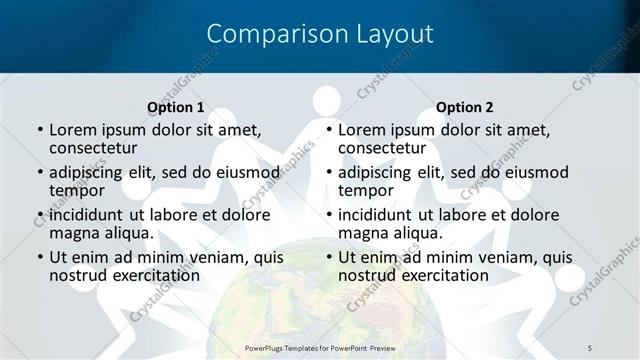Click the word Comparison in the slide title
tap(268, 34)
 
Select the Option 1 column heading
tap(176, 107)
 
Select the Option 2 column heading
tap(465, 107)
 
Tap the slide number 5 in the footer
tap(591, 346)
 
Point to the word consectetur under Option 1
tap(96, 148)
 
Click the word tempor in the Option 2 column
tap(366, 190)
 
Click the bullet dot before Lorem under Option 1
tap(39, 130)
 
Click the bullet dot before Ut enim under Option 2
tap(328, 257)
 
